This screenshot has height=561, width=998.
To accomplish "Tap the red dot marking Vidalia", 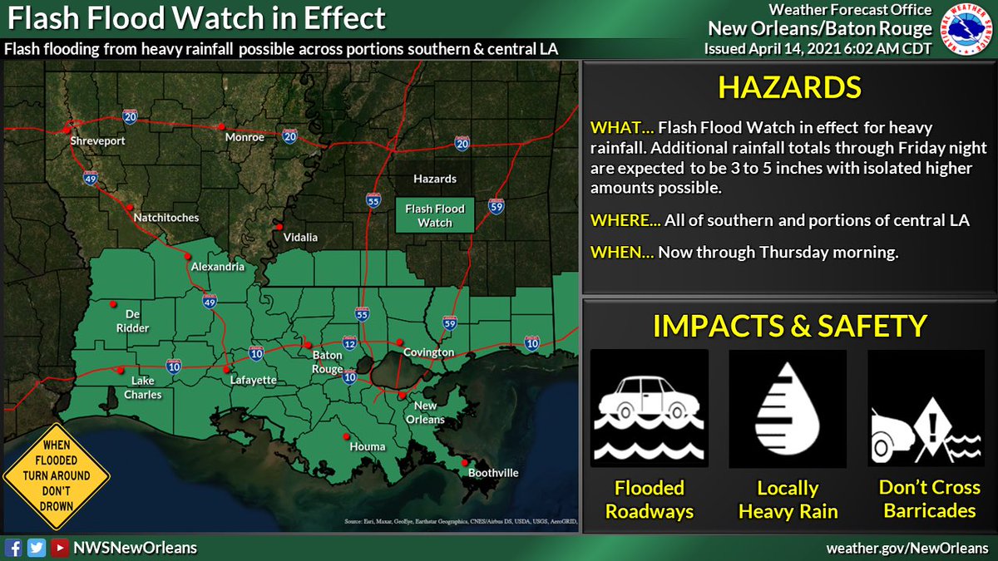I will click(280, 227).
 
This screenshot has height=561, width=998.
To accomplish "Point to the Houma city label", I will click(367, 446).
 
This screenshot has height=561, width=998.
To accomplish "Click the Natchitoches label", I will click(167, 218).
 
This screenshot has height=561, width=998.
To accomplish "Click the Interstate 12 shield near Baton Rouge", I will click(349, 344).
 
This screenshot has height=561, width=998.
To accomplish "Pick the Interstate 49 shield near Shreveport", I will click(91, 177).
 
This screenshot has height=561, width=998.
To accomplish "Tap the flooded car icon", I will click(649, 408).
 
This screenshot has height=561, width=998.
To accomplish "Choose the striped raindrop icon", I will click(788, 408).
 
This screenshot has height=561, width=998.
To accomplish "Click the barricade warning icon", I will click(926, 408).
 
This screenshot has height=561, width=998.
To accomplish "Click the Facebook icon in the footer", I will click(13, 548).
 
